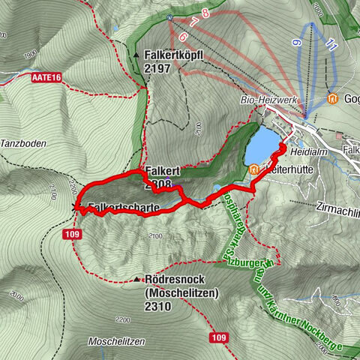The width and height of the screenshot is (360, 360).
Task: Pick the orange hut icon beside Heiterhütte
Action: click(253, 170)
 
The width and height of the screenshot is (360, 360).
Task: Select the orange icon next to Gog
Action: click(331, 98)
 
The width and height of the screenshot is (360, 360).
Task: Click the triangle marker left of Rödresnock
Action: click(137, 280)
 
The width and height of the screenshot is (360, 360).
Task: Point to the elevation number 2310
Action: click(159, 306)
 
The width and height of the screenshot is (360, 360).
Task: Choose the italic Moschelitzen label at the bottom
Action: click(116, 341)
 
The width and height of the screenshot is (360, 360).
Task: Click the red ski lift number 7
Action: click(194, 22)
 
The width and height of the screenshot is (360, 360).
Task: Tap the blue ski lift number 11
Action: click(333, 46)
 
